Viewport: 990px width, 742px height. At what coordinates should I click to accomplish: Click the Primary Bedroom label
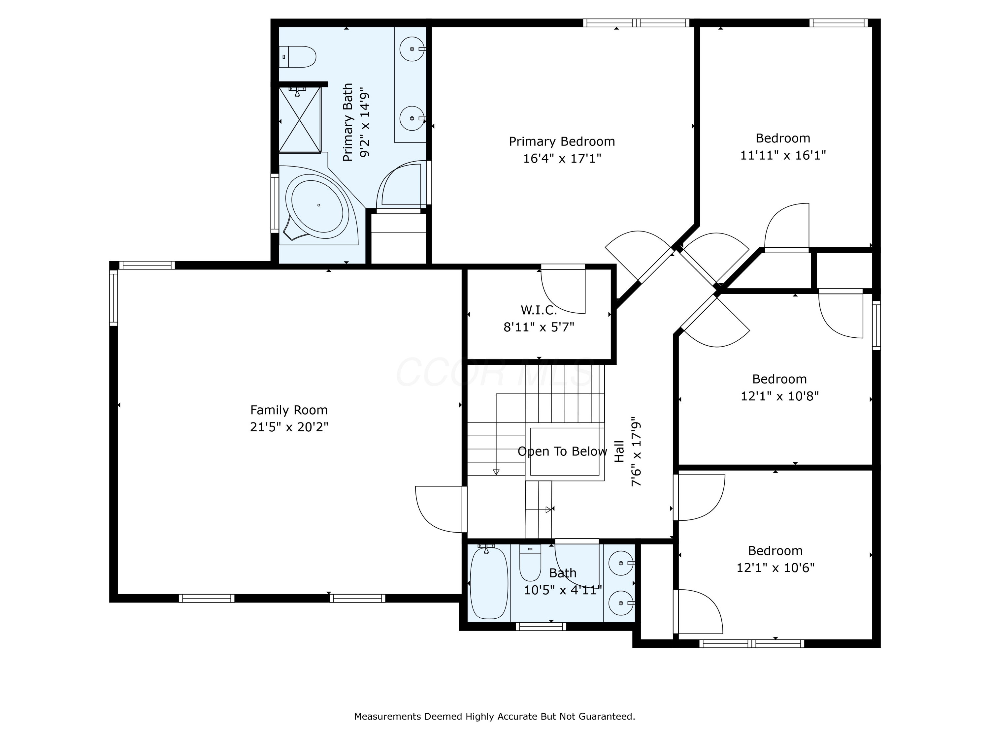pos(562,141)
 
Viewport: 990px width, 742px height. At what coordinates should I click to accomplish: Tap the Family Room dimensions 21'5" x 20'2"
pos(289,427)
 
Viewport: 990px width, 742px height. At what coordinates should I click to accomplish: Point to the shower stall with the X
pos(300,120)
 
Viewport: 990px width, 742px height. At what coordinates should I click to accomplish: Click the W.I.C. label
pos(539,310)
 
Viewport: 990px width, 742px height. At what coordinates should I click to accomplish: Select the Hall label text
pos(619,452)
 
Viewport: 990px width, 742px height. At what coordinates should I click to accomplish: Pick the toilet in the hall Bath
pos(530,563)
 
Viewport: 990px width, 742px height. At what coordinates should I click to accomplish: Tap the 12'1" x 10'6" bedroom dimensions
pos(775,568)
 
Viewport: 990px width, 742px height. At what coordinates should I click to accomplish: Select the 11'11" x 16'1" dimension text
pos(783,155)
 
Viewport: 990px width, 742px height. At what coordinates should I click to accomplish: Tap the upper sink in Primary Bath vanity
pos(412,49)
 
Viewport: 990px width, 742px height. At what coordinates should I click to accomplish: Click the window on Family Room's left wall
pos(114,297)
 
